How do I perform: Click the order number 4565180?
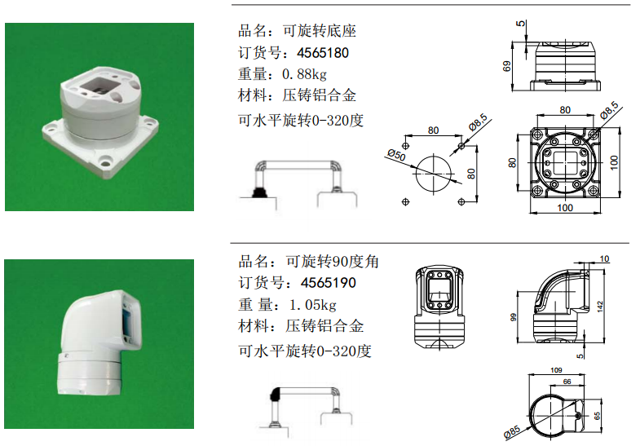(323, 53)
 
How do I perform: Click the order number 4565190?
(329, 283)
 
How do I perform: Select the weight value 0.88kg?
(304, 74)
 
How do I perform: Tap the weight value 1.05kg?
(313, 305)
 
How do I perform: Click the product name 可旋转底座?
(320, 31)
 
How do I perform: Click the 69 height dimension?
(507, 66)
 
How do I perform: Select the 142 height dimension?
(600, 307)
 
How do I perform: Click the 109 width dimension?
(556, 370)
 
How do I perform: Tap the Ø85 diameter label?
(512, 431)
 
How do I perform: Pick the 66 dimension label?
(567, 382)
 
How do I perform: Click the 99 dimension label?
(514, 317)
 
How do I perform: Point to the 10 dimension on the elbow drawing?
(604, 258)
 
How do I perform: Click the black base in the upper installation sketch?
(258, 192)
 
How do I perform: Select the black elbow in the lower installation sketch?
(276, 394)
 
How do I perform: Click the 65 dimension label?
(597, 416)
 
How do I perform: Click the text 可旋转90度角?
(333, 262)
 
